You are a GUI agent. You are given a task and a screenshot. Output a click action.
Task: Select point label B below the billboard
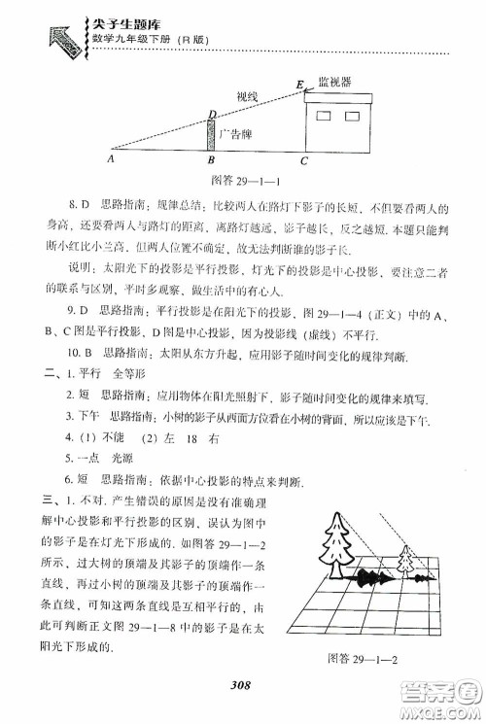click(x=211, y=160)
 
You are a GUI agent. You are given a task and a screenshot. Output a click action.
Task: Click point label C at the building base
click(x=304, y=160)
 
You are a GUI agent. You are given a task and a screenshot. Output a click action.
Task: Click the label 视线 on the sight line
click(x=248, y=97)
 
